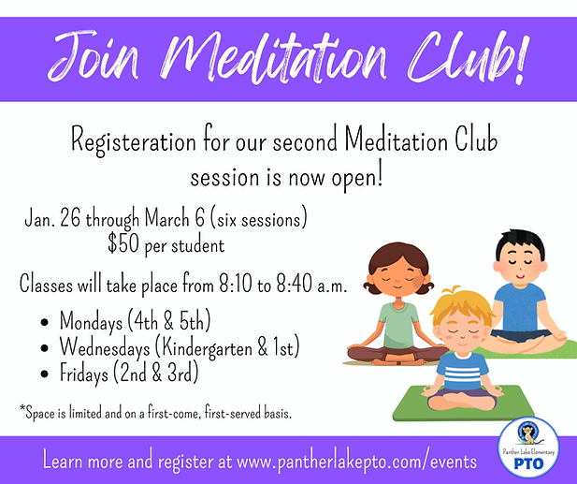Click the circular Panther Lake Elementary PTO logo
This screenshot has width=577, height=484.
coord(528,447)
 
